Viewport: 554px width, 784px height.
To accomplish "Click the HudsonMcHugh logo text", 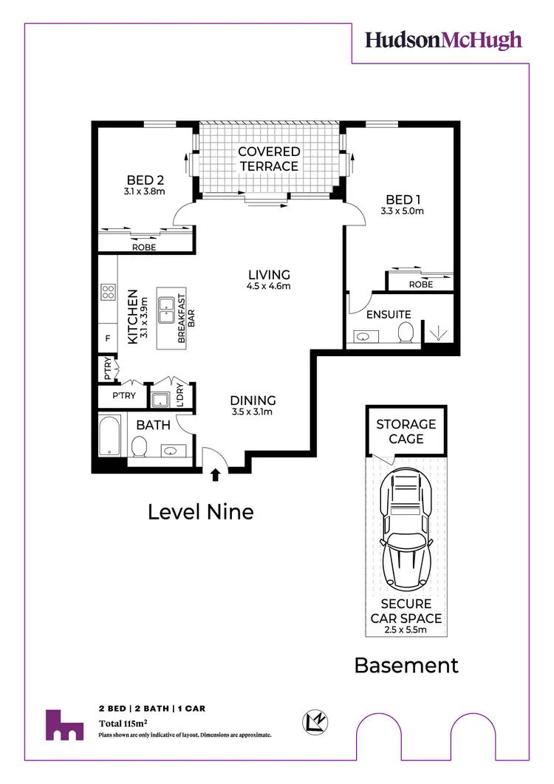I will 443,40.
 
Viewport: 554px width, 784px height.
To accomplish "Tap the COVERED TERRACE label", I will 269,159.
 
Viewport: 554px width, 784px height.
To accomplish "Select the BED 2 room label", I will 145,180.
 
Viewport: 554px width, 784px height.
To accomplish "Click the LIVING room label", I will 269,275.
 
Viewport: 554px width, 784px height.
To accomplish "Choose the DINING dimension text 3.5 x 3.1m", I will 253,412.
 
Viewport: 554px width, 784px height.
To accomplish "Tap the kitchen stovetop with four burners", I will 108,292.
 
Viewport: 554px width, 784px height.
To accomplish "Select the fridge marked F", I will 108,339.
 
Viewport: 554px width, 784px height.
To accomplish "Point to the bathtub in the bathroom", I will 109,435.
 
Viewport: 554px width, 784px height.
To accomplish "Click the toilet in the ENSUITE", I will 404,334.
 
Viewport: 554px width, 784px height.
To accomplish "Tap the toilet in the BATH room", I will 139,447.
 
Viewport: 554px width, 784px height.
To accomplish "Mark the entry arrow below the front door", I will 215,475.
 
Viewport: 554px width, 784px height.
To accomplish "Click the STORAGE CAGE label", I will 406,432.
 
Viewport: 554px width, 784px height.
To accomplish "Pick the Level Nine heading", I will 201,511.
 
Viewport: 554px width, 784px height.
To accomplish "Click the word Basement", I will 406,665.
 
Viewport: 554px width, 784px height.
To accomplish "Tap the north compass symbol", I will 315,721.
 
